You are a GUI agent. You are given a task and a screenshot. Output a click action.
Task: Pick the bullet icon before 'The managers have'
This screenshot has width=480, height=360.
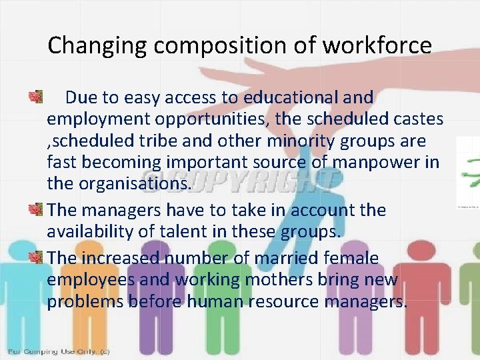coord(35,210)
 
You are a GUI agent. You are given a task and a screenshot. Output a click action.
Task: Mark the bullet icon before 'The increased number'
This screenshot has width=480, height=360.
coord(35,257)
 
